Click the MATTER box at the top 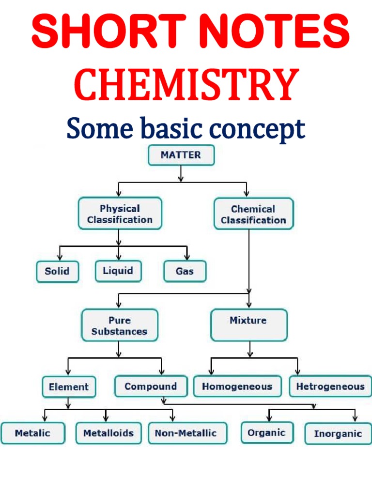pyautogui.click(x=181, y=155)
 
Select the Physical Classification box pyautogui.click(x=120, y=214)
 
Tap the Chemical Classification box pyautogui.click(x=253, y=214)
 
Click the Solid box pyautogui.click(x=57, y=271)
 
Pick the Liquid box pyautogui.click(x=118, y=271)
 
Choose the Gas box pyautogui.click(x=185, y=271)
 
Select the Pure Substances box pyautogui.click(x=119, y=325)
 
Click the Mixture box pyautogui.click(x=248, y=325)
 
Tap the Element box pyautogui.click(x=69, y=387)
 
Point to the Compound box pyautogui.click(x=151, y=387)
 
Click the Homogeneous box pyautogui.click(x=237, y=387)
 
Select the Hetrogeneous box pyautogui.click(x=330, y=387)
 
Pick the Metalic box pyautogui.click(x=32, y=433)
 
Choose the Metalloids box pyautogui.click(x=108, y=433)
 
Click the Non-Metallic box pyautogui.click(x=187, y=433)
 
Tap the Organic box pyautogui.click(x=267, y=433)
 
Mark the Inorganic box pyautogui.click(x=338, y=434)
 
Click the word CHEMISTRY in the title pyautogui.click(x=186, y=85)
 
